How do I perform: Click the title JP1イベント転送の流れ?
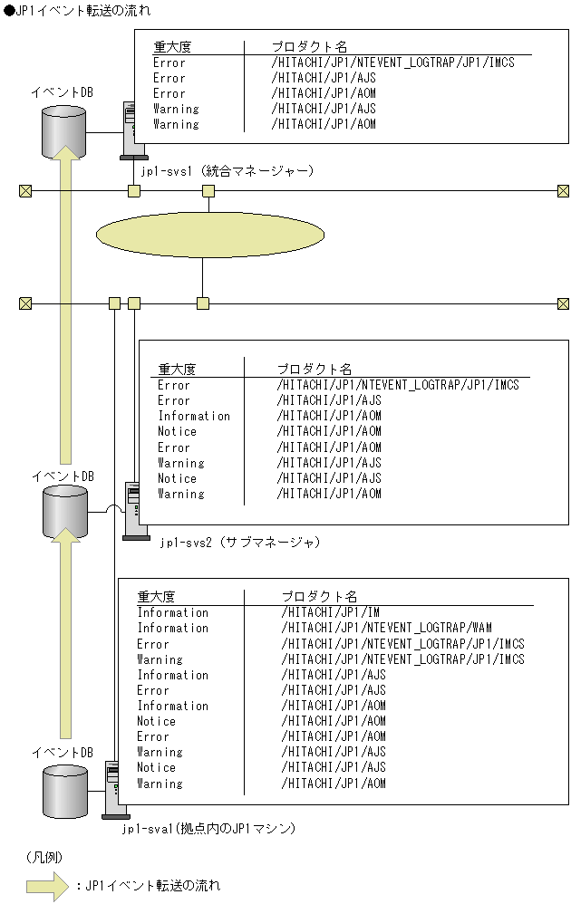coord(77,10)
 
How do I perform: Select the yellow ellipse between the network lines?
coord(209,236)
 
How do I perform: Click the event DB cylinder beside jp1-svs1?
coord(63,131)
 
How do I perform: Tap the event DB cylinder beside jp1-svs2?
coord(65,512)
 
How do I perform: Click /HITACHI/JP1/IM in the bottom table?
coord(330,612)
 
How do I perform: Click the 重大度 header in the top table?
coord(172,46)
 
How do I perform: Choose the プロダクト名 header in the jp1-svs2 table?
coord(314,369)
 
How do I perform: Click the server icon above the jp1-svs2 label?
coord(134,513)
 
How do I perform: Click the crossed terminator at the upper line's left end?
coord(25,190)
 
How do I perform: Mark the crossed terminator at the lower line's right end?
coord(563,303)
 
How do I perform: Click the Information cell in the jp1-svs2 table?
coord(194,416)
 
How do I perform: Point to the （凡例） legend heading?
coord(43,856)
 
